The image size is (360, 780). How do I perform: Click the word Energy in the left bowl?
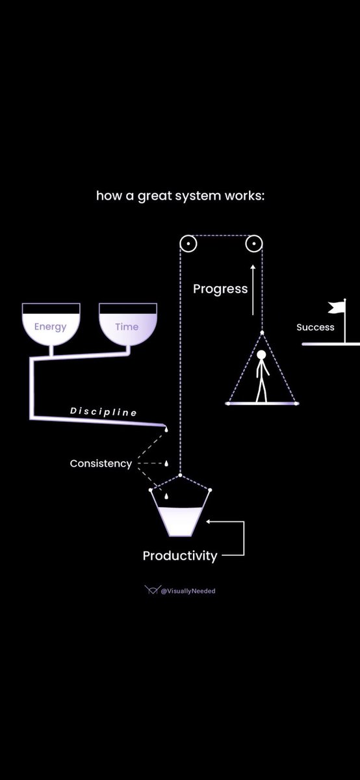[x=51, y=327]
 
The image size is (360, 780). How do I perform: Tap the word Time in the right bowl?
[x=127, y=327]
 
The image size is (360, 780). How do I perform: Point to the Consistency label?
[x=101, y=464]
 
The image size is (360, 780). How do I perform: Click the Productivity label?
[x=180, y=556]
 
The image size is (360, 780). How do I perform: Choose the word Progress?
[x=220, y=289]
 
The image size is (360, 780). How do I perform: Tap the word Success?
[x=315, y=327]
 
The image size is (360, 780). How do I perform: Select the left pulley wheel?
[x=188, y=244]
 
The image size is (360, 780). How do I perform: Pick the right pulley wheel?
[x=253, y=244]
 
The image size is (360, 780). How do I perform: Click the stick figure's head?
[x=261, y=356]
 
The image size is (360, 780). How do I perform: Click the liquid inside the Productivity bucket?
[x=179, y=521]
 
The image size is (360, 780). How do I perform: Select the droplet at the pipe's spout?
[x=165, y=430]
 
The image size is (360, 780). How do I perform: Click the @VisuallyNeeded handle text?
[x=188, y=591]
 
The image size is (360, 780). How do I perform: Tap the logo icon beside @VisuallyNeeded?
[x=151, y=590]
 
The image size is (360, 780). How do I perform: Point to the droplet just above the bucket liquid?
[x=166, y=497]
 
